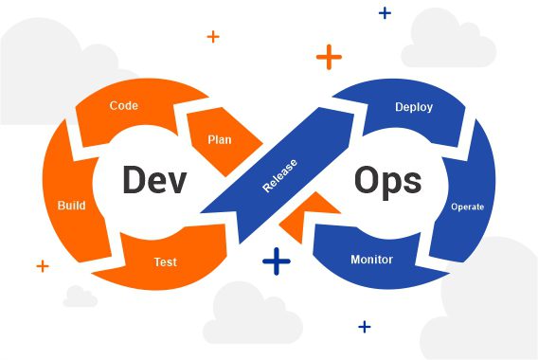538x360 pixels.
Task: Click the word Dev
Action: point(154,180)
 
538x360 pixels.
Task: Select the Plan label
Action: point(220,139)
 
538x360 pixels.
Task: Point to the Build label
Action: point(72,205)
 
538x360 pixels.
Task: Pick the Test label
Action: point(165,261)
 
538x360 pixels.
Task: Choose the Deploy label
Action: point(414,107)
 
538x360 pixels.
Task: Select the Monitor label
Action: point(372,259)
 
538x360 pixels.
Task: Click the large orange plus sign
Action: point(329,57)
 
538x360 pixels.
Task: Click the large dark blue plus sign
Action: point(276,261)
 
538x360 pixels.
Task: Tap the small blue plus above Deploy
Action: point(385,13)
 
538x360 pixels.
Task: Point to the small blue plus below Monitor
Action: point(365,327)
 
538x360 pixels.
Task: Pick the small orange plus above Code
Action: point(213,37)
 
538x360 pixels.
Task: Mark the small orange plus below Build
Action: point(43,266)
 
